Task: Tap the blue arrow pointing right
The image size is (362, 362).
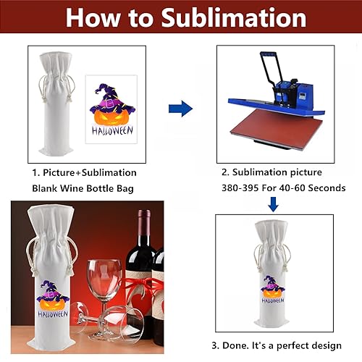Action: (180, 109)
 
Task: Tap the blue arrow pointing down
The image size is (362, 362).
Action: (273, 206)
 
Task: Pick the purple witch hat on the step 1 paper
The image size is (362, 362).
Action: (110, 94)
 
